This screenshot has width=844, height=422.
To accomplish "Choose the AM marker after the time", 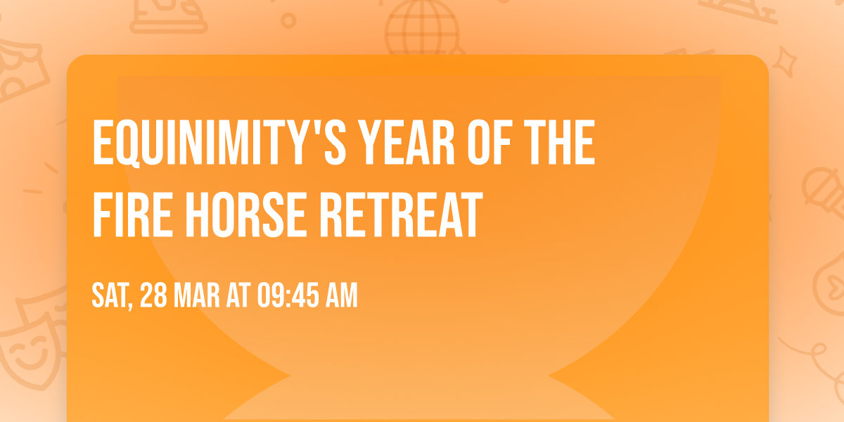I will [x=341, y=296].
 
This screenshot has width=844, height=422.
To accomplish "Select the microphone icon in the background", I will [x=819, y=186].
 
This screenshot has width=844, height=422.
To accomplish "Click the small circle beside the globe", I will [x=288, y=21].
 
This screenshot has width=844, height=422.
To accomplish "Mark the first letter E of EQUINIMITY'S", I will [x=103, y=143].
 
